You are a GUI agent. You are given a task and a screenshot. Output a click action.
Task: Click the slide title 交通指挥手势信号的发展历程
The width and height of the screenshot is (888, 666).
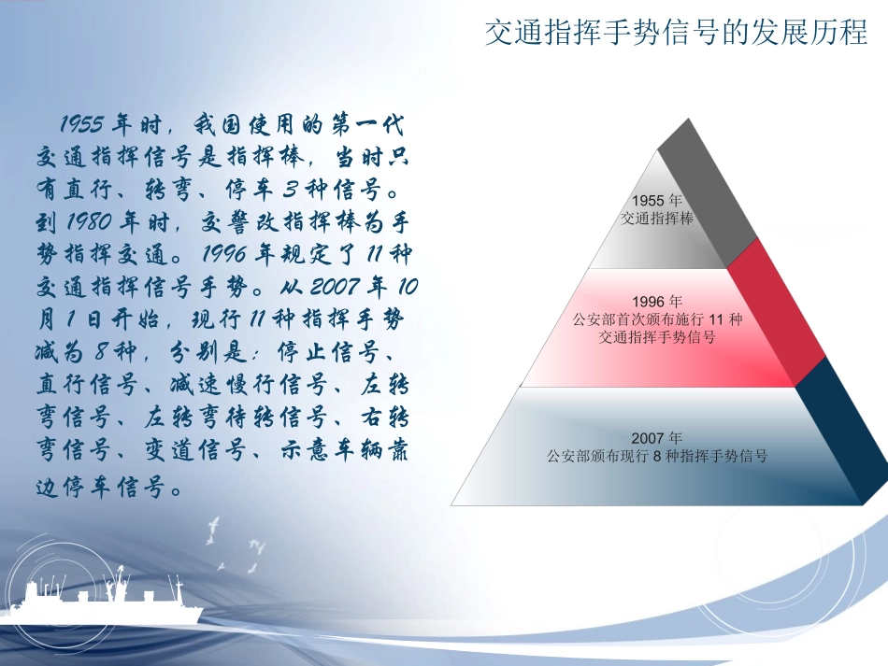pyautogui.click(x=677, y=34)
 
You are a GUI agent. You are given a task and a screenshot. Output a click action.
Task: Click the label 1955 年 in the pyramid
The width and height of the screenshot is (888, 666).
pyautogui.click(x=656, y=201)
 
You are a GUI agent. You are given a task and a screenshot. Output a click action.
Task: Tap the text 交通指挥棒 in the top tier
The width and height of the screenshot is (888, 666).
pyautogui.click(x=656, y=218)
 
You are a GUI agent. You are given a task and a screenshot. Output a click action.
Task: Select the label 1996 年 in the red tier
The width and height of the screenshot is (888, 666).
pyautogui.click(x=657, y=302)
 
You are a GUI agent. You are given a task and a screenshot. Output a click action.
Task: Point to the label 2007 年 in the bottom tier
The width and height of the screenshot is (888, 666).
pyautogui.click(x=657, y=438)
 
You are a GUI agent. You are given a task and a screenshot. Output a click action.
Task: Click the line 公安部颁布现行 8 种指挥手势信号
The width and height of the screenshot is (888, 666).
pyautogui.click(x=657, y=457)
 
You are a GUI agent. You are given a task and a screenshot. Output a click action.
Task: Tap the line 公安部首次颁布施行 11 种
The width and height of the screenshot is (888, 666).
pyautogui.click(x=657, y=319)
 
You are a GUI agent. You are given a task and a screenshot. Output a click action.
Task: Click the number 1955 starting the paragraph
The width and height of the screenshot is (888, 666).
pyautogui.click(x=80, y=124)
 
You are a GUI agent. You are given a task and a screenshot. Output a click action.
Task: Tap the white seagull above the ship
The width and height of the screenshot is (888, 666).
pyautogui.click(x=214, y=529)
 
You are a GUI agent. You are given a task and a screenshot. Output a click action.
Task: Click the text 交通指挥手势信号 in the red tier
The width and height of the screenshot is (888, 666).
pyautogui.click(x=657, y=337)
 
